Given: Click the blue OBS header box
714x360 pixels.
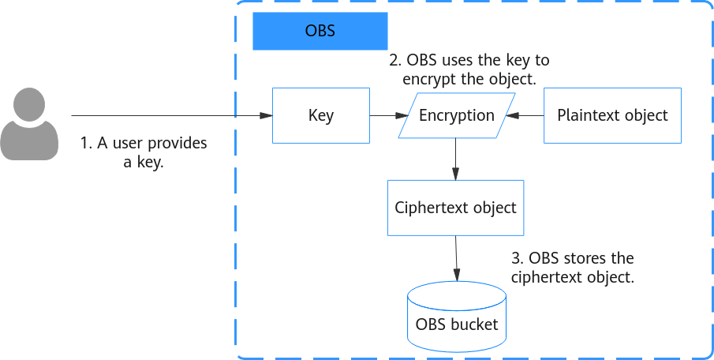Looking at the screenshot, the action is tap(320, 31).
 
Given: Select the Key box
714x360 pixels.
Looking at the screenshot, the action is tap(321, 116).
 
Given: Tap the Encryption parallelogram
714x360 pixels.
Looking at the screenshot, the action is tap(457, 115).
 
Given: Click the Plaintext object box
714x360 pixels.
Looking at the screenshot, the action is tap(612, 116).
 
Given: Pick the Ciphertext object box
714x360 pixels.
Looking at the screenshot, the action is tap(456, 208).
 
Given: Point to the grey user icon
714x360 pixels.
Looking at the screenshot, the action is tap(29, 124).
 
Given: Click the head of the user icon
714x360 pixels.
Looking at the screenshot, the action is tap(29, 104).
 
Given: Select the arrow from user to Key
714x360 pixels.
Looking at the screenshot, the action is tap(172, 116).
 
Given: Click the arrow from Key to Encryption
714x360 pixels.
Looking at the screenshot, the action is tap(389, 116).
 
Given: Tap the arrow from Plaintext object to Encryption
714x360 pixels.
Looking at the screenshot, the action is tap(525, 116).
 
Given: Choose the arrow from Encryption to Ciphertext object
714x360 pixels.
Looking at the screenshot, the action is tap(456, 159).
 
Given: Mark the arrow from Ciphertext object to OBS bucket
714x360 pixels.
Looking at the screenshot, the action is tap(456, 258).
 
